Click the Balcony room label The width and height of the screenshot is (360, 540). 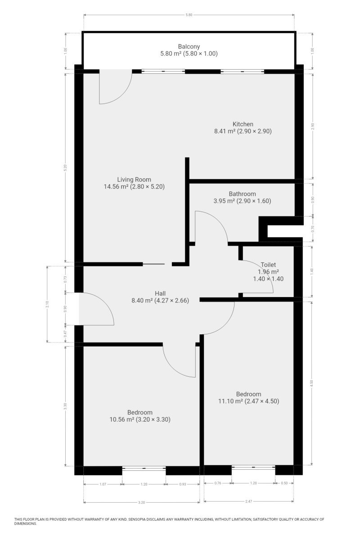tap(189, 46)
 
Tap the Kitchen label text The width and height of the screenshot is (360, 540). tap(243, 124)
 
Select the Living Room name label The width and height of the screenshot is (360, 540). tap(134, 180)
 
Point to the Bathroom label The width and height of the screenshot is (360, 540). tap(242, 194)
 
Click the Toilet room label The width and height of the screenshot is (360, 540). tap(268, 265)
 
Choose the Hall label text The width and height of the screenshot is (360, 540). tap(160, 293)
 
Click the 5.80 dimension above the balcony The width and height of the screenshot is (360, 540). tap(189, 15)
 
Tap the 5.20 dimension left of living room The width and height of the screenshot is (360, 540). tap(65, 168)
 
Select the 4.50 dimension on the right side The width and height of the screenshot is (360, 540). tap(312, 383)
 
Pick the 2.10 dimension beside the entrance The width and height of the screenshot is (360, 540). tap(48, 304)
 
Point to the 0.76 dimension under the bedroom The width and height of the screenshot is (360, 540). tap(218, 483)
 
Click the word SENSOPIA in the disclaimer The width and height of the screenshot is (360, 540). tap(137, 519)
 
